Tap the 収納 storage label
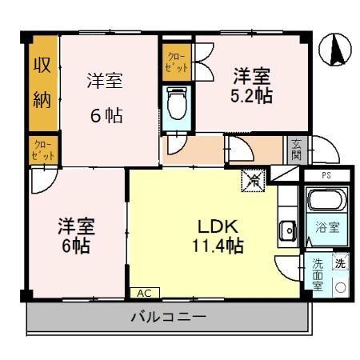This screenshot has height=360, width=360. click(x=42, y=82)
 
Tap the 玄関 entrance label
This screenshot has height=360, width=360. click(x=296, y=149)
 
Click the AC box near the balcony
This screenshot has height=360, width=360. click(x=145, y=293)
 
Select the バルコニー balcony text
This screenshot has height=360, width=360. click(x=168, y=318)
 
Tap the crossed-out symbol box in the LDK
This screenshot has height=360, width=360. click(x=252, y=181)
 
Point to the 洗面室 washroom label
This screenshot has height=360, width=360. click(x=318, y=273)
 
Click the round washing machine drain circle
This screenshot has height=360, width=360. click(x=339, y=286)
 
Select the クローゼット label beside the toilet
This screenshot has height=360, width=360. click(x=175, y=63)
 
